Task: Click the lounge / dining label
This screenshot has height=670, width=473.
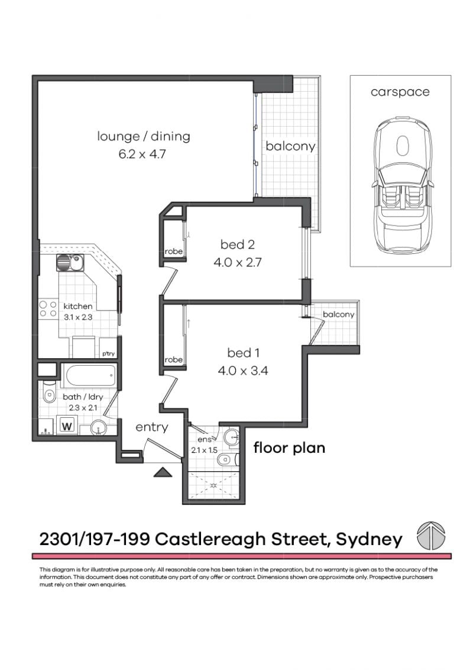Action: [144, 136]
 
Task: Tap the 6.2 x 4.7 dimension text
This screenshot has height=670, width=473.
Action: [144, 154]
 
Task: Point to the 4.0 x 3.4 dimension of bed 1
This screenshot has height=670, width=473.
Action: [244, 372]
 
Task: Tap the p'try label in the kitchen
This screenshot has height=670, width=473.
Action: [108, 353]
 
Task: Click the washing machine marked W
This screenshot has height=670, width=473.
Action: [66, 426]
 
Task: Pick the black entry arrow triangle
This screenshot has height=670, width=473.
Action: [162, 471]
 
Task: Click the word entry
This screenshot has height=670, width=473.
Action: [152, 427]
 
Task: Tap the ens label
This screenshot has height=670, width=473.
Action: [204, 440]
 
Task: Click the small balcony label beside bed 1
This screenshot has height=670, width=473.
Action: [339, 315]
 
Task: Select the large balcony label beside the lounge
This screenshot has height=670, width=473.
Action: [290, 146]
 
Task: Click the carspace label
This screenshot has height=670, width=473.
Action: [400, 92]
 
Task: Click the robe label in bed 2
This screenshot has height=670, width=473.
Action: [174, 252]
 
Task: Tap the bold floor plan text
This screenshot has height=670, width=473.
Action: [289, 447]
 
